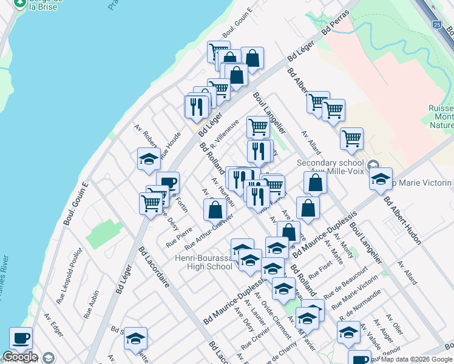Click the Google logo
tap(20, 357)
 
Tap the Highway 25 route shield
tap(436, 25)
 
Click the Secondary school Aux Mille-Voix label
tap(330, 166)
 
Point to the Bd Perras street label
tap(336, 22)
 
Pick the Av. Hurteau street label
tap(223, 189)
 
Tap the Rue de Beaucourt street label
tap(346, 282)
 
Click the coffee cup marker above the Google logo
tap(21, 338)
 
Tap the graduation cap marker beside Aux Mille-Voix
tap(381, 179)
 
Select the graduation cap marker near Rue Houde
tap(149, 160)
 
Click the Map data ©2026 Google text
tap(416, 359)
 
